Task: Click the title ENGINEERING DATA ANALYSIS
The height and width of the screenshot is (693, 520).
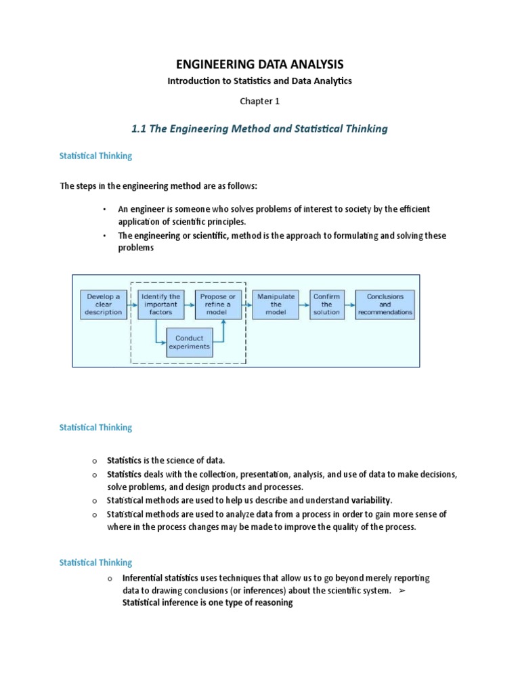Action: tap(260, 64)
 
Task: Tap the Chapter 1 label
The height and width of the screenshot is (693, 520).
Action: tap(260, 102)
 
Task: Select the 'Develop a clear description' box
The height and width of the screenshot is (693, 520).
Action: tap(104, 305)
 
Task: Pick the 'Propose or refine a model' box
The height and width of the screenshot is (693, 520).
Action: tap(217, 305)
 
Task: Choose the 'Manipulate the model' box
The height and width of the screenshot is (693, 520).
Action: tap(276, 305)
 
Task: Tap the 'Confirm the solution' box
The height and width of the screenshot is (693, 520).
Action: tap(326, 305)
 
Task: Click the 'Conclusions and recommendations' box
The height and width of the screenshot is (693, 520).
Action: tap(385, 305)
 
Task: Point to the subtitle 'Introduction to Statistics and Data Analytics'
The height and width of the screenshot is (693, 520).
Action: tap(260, 81)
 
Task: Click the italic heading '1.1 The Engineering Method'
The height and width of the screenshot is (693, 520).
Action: tap(260, 129)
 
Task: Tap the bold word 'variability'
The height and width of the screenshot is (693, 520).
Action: tap(369, 500)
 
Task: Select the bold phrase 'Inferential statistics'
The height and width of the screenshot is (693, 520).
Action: tap(160, 579)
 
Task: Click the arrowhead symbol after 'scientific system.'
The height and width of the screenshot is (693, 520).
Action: tap(402, 591)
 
